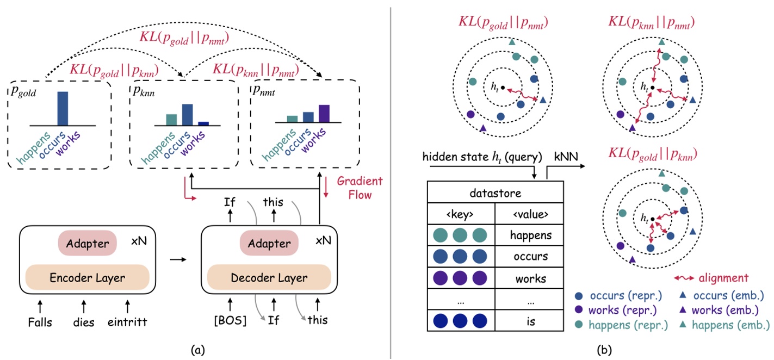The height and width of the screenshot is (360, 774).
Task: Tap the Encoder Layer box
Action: click(87, 277)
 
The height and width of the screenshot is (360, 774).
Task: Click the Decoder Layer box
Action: click(269, 277)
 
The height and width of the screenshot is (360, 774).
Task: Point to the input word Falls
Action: click(41, 322)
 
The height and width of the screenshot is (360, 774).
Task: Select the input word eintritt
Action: click(127, 322)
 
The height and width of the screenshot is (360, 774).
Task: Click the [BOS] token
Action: click(230, 320)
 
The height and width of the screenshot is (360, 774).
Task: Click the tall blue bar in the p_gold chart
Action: click(63, 108)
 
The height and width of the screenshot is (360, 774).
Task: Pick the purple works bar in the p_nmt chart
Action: click(324, 113)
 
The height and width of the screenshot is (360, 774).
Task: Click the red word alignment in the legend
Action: click(726, 278)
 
